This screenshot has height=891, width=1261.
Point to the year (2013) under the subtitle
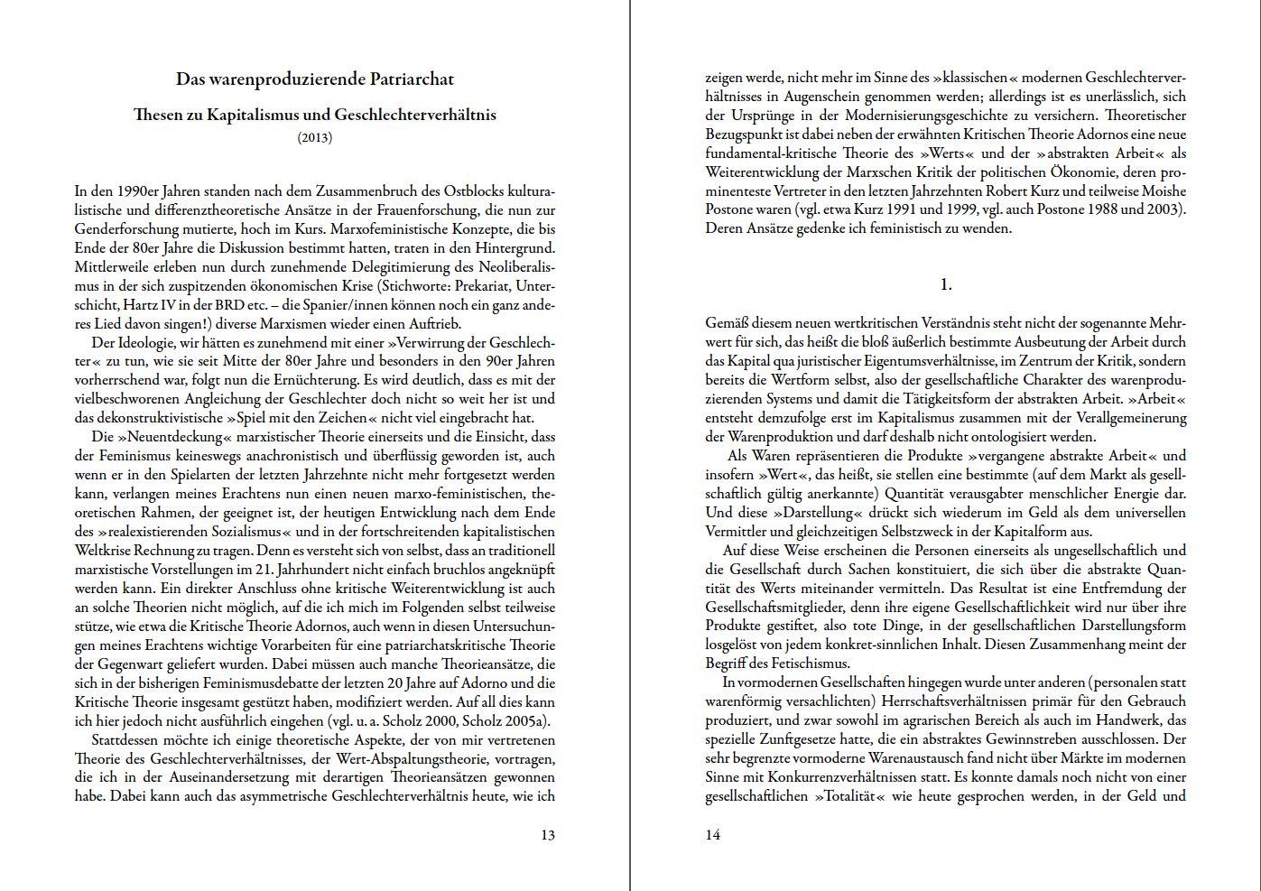[x=315, y=137]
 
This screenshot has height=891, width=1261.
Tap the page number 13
[x=548, y=835]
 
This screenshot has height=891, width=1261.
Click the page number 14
[x=713, y=835]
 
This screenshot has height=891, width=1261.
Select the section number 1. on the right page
[x=946, y=284]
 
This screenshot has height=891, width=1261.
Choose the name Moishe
[x=1164, y=190]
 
